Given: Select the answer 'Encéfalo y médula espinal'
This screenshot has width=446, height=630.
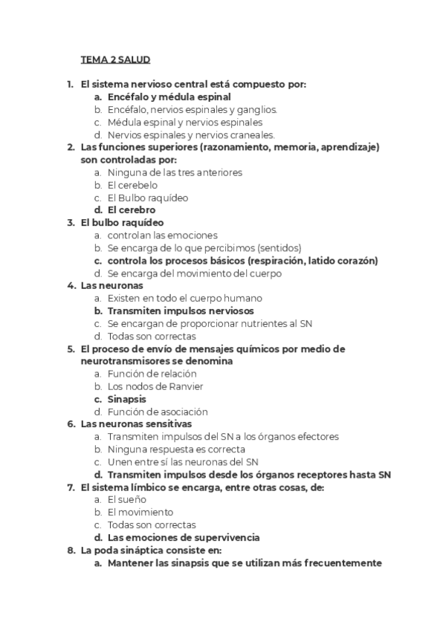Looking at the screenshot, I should coord(169,97).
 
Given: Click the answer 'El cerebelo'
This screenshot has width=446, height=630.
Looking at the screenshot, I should coord(133,185).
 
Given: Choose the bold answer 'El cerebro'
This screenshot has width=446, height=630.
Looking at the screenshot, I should coord(132,210).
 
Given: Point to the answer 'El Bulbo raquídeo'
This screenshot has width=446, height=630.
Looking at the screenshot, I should coord(147,198).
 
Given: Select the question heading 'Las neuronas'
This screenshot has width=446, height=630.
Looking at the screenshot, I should coord(111,285).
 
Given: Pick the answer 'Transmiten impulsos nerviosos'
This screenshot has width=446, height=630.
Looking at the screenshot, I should coord(180,311).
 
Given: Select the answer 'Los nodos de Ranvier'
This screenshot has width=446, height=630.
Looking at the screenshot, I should coord(155,386).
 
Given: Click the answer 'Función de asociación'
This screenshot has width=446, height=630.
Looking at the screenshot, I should coord(158,412).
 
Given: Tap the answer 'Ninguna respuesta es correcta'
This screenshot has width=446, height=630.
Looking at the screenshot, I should coord(176,449).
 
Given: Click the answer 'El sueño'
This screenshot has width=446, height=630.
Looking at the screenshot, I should coord(127,500).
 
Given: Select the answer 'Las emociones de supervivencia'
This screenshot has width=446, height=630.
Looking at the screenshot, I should coord(184,537).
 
